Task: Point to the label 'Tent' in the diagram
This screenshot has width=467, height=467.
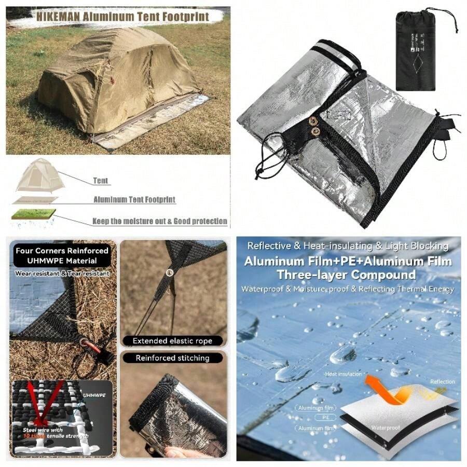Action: point(101,181)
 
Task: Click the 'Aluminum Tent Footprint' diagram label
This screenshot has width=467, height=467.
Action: point(134,199)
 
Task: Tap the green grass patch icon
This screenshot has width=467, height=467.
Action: point(34,213)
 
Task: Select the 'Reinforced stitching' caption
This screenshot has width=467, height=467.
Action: point(172,358)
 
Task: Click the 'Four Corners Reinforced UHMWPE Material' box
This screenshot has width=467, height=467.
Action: point(62,255)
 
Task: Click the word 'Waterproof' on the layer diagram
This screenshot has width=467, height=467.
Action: point(384,428)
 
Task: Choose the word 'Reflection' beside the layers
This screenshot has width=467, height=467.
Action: point(442,381)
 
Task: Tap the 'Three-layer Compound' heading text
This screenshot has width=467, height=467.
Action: point(346,274)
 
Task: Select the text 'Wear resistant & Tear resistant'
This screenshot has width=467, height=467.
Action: point(62,273)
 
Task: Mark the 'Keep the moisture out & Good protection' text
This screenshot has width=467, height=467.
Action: point(160,221)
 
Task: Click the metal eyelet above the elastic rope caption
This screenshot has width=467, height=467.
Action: point(170,272)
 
